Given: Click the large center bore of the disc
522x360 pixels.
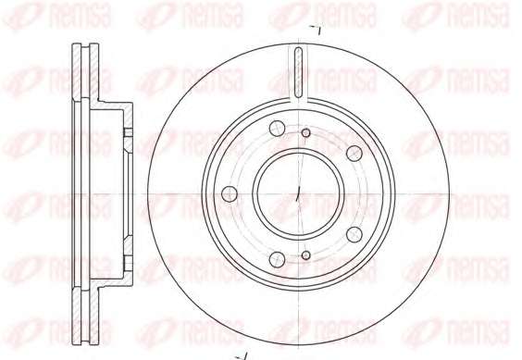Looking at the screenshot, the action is [x=298, y=193].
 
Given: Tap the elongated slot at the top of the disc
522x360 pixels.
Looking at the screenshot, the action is [x=299, y=72].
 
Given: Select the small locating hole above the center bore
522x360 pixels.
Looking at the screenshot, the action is [x=306, y=133].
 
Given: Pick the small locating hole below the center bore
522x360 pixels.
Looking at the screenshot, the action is [x=306, y=255].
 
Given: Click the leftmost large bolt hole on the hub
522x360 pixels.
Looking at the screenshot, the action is [x=230, y=193].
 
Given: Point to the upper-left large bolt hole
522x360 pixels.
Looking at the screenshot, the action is [x=277, y=129].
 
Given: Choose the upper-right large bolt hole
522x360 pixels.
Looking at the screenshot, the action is [x=354, y=154].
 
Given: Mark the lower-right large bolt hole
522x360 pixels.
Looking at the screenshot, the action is [x=354, y=234].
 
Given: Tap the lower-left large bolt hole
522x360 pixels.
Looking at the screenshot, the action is [x=277, y=259].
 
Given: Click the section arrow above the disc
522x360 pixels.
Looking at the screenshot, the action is [x=316, y=30].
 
